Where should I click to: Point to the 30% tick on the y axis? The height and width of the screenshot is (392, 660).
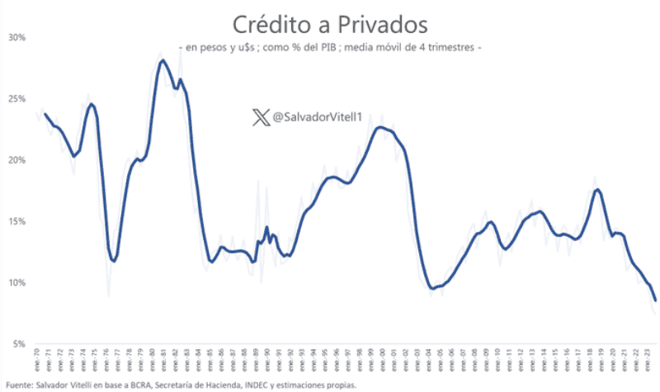(x=17, y=37)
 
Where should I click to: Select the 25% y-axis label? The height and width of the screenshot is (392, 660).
(x=17, y=99)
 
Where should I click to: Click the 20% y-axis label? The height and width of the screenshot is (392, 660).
(x=17, y=160)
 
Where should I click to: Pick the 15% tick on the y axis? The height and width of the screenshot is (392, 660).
(x=17, y=221)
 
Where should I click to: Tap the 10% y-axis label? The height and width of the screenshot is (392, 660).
(x=17, y=282)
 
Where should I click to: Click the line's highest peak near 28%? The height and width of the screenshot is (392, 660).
(x=163, y=60)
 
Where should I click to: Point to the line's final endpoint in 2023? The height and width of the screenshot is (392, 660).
(x=655, y=300)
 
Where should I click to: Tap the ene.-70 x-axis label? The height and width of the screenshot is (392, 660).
(x=39, y=361)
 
